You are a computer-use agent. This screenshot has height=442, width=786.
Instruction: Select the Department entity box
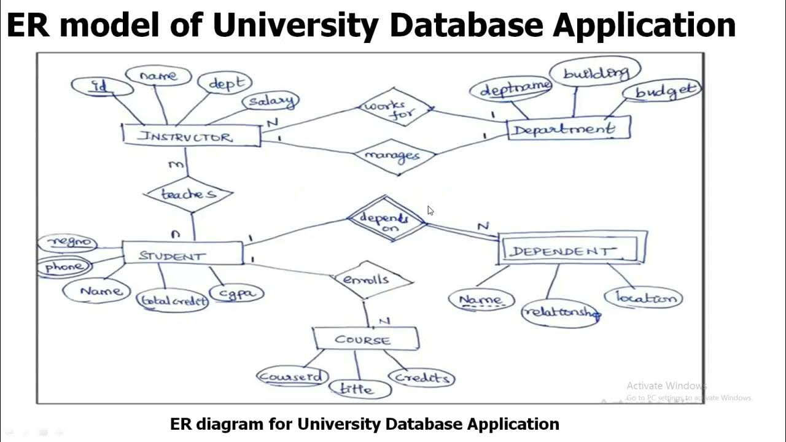pyautogui.click(x=569, y=129)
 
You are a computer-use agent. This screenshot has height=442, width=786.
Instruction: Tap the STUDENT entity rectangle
pyautogui.click(x=182, y=254)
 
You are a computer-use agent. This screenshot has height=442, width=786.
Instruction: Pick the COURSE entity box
pyautogui.click(x=365, y=339)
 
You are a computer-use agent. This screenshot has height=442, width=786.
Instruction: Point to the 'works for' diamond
pyautogui.click(x=396, y=108)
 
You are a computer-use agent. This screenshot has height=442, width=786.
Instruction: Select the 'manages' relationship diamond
pyautogui.click(x=394, y=156)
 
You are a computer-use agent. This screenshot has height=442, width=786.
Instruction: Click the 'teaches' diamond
pyautogui.click(x=189, y=194)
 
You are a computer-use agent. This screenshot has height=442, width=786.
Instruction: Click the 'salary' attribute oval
pyautogui.click(x=271, y=101)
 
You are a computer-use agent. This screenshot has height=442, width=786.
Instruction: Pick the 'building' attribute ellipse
pyautogui.click(x=594, y=73)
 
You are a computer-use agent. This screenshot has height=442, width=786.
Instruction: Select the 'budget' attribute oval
pyautogui.click(x=661, y=92)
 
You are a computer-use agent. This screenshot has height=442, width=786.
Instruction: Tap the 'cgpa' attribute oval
pyautogui.click(x=237, y=293)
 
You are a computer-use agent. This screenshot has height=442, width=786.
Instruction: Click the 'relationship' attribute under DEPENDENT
pyautogui.click(x=560, y=312)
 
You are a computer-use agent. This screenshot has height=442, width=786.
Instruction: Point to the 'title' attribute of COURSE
pyautogui.click(x=359, y=388)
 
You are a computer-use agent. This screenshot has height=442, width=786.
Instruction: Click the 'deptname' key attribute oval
pyautogui.click(x=511, y=90)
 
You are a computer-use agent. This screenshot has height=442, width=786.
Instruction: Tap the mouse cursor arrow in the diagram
pyautogui.click(x=430, y=209)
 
